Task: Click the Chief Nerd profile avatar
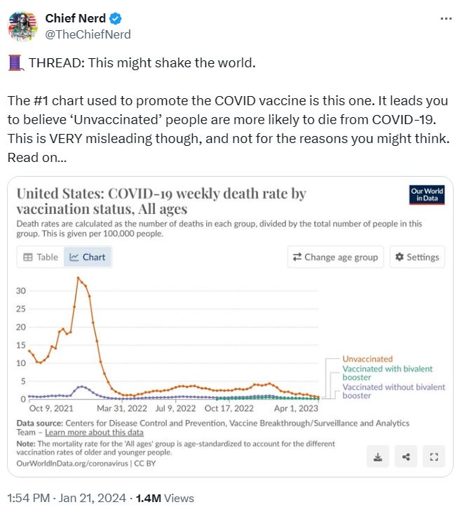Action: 22,26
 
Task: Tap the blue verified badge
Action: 110,18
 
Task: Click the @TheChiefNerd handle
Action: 88,34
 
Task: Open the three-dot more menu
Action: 446,18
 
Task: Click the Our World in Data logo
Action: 426,195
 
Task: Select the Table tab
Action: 41,257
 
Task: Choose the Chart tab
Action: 88,257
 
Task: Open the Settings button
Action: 417,257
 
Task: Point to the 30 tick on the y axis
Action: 21,290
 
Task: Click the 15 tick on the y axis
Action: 21,345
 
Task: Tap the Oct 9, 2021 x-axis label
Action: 50,408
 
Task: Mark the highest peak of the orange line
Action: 77,278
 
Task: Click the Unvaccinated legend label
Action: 367,359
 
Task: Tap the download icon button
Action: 378,457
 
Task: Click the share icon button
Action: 406,457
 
